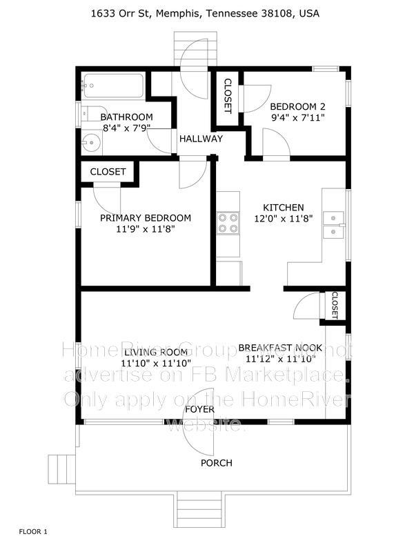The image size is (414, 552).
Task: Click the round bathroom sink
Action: click(x=90, y=144)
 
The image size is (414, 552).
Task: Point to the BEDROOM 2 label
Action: click(x=297, y=106)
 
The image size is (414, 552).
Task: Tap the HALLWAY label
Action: click(x=201, y=139)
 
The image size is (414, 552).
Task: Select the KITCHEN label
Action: click(x=284, y=207)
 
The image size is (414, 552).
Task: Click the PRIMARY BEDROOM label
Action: click(x=146, y=218)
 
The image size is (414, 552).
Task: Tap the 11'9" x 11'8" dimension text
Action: click(x=146, y=229)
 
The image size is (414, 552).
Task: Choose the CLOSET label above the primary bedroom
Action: click(x=108, y=171)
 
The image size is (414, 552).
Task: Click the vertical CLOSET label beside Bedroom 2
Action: click(x=228, y=97)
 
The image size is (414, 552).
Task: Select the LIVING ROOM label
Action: click(x=155, y=352)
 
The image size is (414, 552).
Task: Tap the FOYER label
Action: click(x=201, y=409)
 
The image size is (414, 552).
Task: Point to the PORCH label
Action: click(x=216, y=462)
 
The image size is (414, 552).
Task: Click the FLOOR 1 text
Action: click(x=33, y=531)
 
